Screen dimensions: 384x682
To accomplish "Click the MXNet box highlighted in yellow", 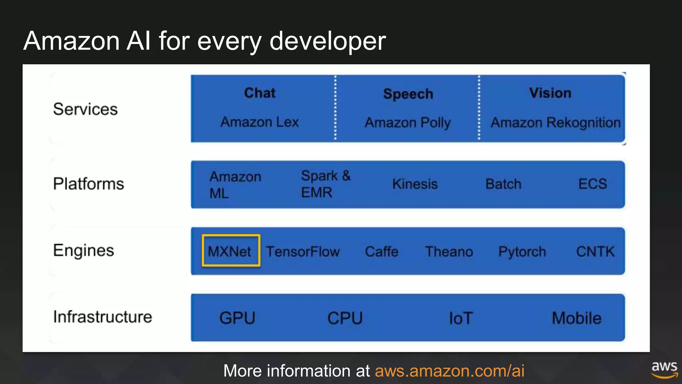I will click(231, 251).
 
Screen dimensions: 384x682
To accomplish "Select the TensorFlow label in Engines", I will click(302, 252).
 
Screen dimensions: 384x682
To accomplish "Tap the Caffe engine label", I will click(382, 252).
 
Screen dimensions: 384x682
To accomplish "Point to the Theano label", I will click(449, 252).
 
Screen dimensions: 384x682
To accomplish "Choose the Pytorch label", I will click(522, 252).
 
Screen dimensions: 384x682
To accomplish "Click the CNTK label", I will click(595, 252).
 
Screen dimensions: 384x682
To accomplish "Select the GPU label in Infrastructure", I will click(237, 318).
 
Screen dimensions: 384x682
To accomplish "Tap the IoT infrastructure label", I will click(461, 318).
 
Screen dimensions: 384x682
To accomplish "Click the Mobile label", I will click(576, 318).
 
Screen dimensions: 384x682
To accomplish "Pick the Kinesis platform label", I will click(415, 184).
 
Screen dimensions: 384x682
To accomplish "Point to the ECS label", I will click(593, 184).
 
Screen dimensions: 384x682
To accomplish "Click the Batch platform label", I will click(503, 184).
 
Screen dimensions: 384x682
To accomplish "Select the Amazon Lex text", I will click(259, 122).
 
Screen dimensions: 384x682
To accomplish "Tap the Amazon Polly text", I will click(408, 123).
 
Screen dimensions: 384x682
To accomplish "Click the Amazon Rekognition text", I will click(555, 123).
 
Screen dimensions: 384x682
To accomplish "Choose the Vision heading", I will click(550, 93).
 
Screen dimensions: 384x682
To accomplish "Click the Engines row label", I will click(84, 250).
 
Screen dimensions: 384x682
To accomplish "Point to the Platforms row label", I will click(89, 184).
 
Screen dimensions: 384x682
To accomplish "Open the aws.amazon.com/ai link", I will click(450, 371).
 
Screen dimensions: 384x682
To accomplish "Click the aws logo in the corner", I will click(664, 369).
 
